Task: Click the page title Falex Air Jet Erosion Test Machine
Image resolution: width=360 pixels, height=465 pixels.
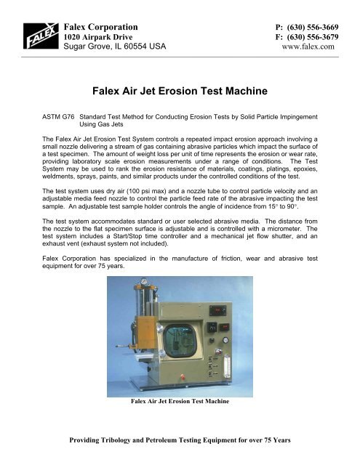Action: tap(180, 92)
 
